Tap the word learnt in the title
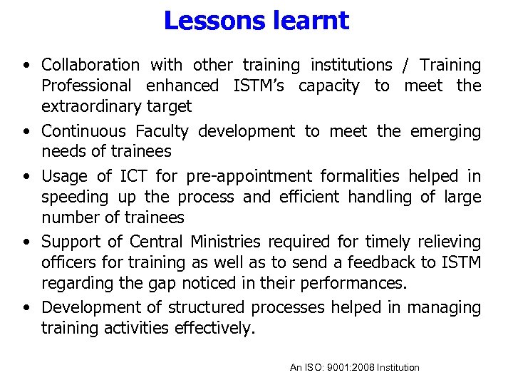[x=311, y=20]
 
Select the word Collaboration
[x=90, y=65]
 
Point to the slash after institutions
[x=405, y=65]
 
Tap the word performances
[x=351, y=284]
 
